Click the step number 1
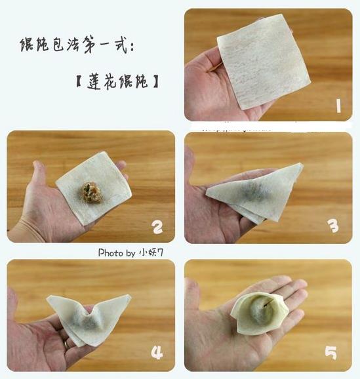[x=338, y=106]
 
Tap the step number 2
[x=157, y=228]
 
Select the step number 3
[x=334, y=226]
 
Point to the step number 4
[x=157, y=352]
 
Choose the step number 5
[x=330, y=353]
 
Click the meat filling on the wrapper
[x=91, y=192]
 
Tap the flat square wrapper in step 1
[x=264, y=62]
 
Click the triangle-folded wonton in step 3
[x=254, y=193]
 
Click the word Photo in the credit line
[x=110, y=253]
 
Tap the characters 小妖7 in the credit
[x=151, y=252]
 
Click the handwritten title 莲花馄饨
[x=117, y=81]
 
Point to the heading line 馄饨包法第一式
[x=77, y=45]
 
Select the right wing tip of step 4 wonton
[x=130, y=295]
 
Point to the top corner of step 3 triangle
[x=301, y=165]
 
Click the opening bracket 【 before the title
[x=78, y=81]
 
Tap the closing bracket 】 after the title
[x=156, y=81]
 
